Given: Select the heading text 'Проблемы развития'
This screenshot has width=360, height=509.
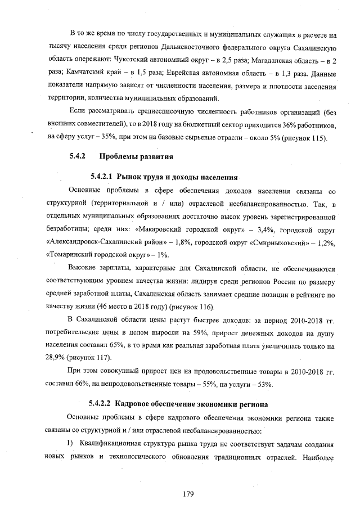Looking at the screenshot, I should coord(136,155).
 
